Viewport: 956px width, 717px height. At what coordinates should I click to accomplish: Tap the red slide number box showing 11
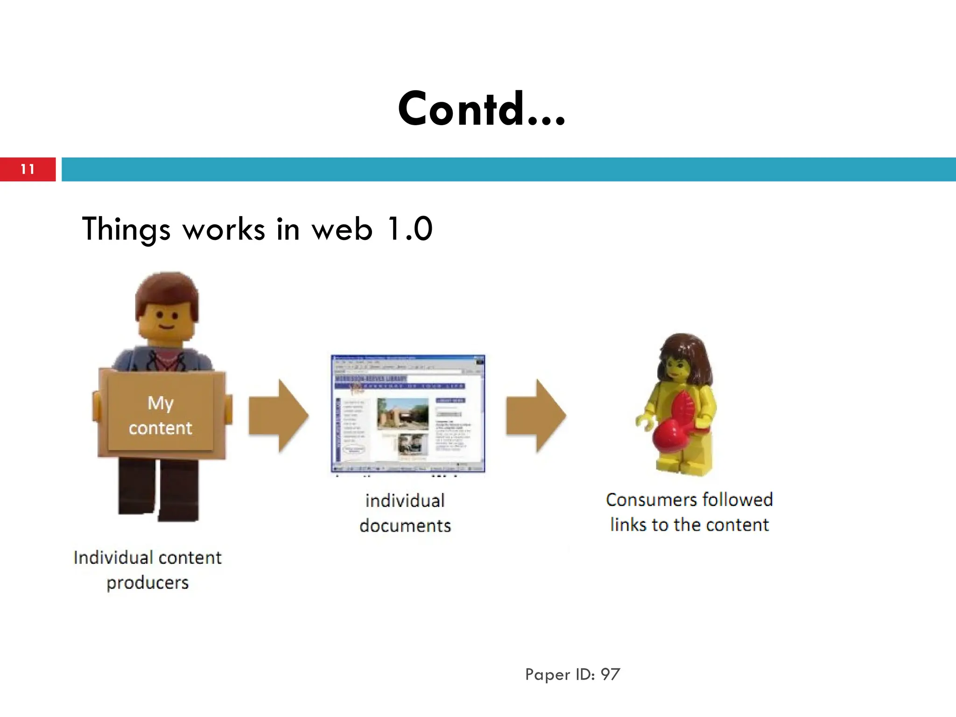(28, 169)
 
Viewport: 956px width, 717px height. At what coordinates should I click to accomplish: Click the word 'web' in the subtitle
(342, 229)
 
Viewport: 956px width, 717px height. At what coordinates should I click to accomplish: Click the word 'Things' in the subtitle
(126, 229)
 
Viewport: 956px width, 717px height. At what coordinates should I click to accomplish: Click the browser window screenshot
(408, 414)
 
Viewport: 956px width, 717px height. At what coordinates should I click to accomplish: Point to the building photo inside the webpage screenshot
(402, 413)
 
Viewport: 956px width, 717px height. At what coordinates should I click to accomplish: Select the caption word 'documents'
(405, 526)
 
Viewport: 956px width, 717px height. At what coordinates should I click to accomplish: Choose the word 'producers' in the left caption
(148, 583)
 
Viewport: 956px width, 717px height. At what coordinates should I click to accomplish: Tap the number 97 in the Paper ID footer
(610, 675)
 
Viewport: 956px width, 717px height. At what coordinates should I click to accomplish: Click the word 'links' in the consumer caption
(628, 525)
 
